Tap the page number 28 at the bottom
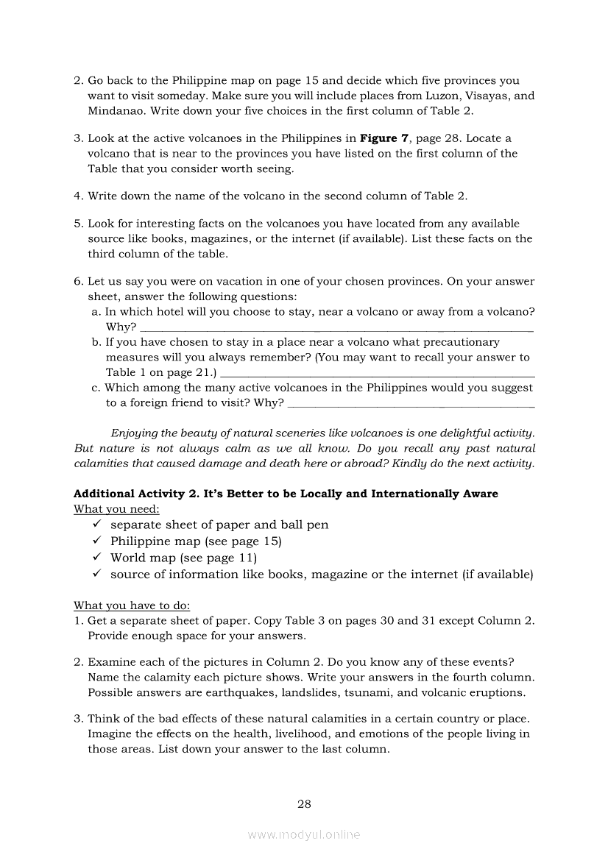(304, 804)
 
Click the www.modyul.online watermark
(304, 834)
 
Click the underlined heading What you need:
(117, 509)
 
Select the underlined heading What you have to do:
(132, 605)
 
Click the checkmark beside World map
(96, 558)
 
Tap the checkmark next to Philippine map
(96, 541)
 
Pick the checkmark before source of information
(96, 575)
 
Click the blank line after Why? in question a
(336, 328)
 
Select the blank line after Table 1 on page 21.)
(377, 373)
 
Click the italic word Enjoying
(133, 433)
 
